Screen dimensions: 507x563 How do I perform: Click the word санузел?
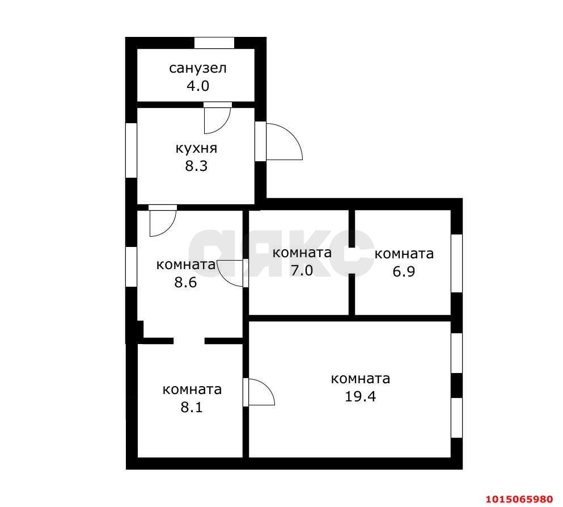pos(198,69)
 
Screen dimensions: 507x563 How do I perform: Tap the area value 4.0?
pos(198,86)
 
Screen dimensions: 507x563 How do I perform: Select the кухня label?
pos(196,149)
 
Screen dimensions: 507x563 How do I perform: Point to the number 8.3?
pos(196,167)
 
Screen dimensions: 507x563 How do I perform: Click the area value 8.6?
pos(185,282)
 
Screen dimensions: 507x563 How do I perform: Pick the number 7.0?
pos(302,270)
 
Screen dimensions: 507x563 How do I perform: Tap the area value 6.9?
pos(404,271)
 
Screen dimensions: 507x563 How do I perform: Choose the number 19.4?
pos(361,396)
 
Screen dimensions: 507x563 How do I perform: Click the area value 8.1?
pos(192,407)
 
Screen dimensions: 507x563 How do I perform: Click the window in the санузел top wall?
pos(214,42)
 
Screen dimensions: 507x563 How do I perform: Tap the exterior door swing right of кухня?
pos(283,142)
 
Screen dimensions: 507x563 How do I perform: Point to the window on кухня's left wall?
pos(131,150)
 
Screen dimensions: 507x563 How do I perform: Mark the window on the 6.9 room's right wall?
pos(456,263)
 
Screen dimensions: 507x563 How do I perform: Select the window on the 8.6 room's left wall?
pos(131,266)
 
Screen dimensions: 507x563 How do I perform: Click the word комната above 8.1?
pos(192,389)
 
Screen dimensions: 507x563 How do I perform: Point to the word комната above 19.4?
pos(361,379)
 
